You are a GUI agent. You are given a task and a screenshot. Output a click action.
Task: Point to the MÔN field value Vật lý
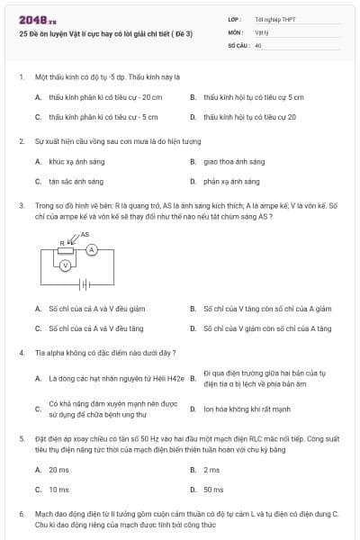pos(262,31)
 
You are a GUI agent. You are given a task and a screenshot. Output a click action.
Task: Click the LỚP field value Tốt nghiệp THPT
pos(274,19)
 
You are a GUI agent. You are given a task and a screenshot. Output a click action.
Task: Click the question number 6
pos(22,513)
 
